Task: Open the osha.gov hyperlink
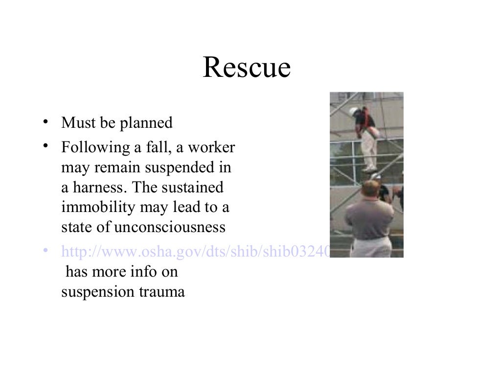(x=196, y=252)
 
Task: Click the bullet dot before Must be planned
(x=45, y=122)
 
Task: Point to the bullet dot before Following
(x=45, y=146)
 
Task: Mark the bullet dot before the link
(x=45, y=251)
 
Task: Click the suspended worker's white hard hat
(x=354, y=111)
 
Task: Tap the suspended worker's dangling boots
(x=369, y=168)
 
